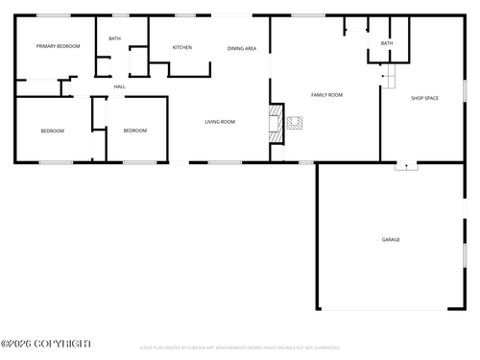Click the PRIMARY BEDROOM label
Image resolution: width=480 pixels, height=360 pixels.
pos(58,46)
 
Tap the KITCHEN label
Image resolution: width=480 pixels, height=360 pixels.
pos(181,47)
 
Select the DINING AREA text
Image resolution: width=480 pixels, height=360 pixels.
pos(242,48)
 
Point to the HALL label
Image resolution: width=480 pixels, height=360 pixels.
pos(120,86)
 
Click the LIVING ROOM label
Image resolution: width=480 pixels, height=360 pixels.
pos(220,122)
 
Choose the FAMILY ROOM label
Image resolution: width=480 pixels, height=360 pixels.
pos(326,95)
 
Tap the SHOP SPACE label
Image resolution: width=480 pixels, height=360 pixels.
pos(424,98)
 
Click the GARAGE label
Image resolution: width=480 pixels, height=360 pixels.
pos(391,239)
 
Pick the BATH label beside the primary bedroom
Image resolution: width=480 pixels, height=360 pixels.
pos(114,38)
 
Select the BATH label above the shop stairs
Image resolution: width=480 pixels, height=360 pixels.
pos(387,43)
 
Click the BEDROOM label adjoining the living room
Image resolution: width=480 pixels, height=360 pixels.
pos(135,131)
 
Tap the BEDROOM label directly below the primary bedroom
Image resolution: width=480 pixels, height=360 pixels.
pos(52,131)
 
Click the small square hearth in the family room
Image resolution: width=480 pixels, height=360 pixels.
pos(295,123)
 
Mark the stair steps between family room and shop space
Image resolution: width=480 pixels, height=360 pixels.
pos(388,77)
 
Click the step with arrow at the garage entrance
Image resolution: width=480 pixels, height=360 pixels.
pos(407,165)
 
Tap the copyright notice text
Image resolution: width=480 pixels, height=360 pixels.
pos(45,343)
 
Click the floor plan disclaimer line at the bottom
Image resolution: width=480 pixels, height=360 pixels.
pos(240,348)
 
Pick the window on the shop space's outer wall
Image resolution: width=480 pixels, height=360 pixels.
pos(465,89)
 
